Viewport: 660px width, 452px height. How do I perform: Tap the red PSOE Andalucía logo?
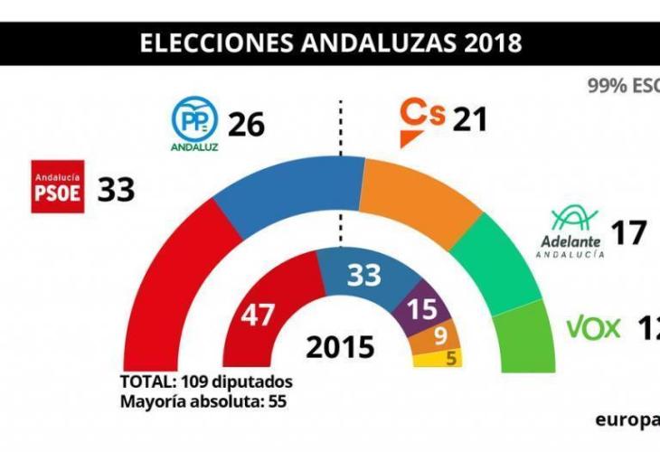click(x=58, y=187)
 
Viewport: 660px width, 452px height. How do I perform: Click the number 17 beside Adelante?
click(x=629, y=233)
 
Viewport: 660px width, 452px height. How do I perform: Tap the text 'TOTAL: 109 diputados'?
click(x=205, y=380)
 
